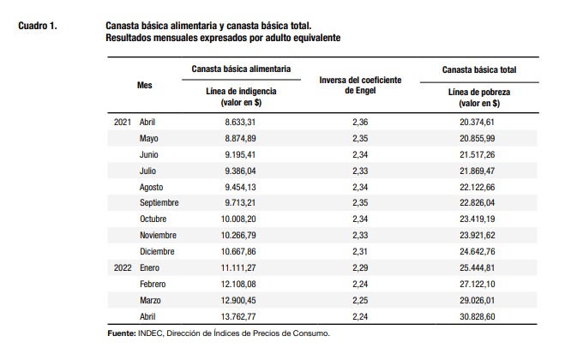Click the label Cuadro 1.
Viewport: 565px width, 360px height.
pyautogui.click(x=38, y=26)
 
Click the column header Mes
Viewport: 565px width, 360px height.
pyautogui.click(x=145, y=86)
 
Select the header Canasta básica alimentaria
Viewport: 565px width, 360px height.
pyautogui.click(x=241, y=69)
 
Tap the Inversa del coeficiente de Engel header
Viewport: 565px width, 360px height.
pyautogui.click(x=360, y=85)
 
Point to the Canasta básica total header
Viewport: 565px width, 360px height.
pyautogui.click(x=479, y=70)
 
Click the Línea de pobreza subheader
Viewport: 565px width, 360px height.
pyautogui.click(x=479, y=98)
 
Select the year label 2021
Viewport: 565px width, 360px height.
pyautogui.click(x=123, y=123)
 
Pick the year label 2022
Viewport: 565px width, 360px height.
pyautogui.click(x=123, y=267)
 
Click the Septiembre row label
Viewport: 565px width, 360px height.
pyautogui.click(x=159, y=203)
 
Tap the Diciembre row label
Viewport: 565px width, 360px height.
pyautogui.click(x=157, y=251)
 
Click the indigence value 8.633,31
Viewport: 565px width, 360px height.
pyautogui.click(x=240, y=123)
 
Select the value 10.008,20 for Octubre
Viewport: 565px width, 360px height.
pyautogui.click(x=238, y=219)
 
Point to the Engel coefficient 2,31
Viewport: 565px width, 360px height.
pyautogui.click(x=360, y=251)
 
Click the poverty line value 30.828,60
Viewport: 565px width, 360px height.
pyautogui.click(x=478, y=317)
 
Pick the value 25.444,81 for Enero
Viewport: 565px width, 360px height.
pyautogui.click(x=478, y=267)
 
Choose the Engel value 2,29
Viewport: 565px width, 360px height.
pyautogui.click(x=360, y=267)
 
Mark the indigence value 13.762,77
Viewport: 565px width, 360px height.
pyautogui.click(x=238, y=317)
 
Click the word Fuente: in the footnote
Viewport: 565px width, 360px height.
pyautogui.click(x=122, y=333)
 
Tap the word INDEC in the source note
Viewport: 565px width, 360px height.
pyautogui.click(x=151, y=333)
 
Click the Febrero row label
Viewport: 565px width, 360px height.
pyautogui.click(x=153, y=284)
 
